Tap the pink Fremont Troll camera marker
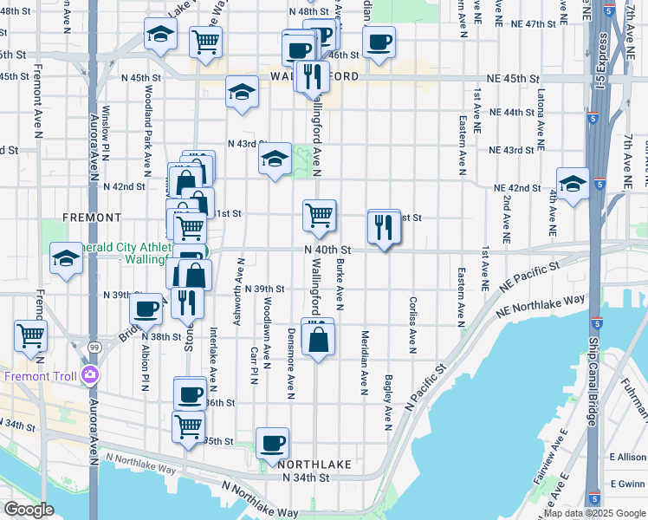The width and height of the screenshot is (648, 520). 91,375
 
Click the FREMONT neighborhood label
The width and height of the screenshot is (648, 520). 92,217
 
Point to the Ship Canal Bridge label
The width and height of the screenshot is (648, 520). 593,380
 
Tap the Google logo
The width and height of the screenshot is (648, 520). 29,510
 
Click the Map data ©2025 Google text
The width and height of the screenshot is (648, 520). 593,513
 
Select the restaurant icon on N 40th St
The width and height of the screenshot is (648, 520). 384,227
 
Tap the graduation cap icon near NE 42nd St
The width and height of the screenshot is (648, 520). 573,184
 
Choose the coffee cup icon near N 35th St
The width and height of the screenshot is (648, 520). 272,442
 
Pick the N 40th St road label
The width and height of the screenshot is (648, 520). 327,249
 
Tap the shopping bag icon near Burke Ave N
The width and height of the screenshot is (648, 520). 319,340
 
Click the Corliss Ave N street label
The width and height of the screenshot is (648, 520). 413,320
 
